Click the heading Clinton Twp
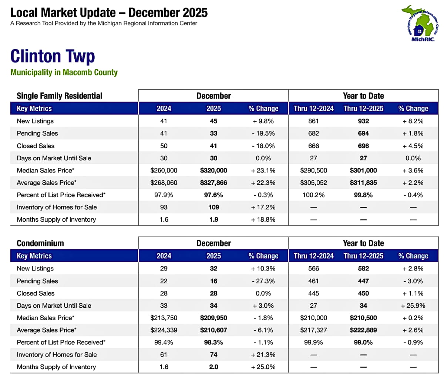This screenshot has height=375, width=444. click(53, 56)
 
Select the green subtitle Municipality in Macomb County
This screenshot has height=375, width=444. click(64, 72)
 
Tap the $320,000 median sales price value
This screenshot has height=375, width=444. click(213, 170)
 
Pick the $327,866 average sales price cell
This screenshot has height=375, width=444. click(213, 183)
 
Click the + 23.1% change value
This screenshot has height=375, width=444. click(263, 170)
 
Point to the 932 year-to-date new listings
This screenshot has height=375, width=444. click(363, 121)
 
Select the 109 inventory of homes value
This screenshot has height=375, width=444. click(213, 207)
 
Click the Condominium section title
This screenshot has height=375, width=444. click(40, 243)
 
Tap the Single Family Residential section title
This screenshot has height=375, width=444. click(59, 96)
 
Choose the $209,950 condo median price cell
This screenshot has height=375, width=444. click(213, 318)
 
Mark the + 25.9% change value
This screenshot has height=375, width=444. click(413, 306)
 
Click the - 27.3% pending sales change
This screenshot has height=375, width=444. click(263, 281)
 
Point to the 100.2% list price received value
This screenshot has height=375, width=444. click(313, 195)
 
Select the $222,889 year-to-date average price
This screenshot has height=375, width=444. click(363, 330)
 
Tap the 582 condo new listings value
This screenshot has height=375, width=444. click(363, 269)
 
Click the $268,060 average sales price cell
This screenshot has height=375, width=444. click(164, 183)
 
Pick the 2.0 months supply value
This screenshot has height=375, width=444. click(213, 367)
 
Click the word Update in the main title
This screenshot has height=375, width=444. click(97, 13)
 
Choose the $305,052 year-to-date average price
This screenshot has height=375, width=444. click(313, 183)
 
